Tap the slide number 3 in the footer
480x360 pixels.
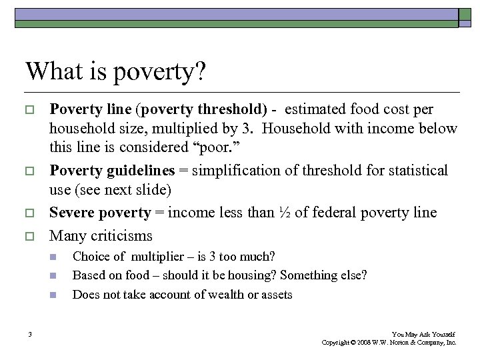[31, 334]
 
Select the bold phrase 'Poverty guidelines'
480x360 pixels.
[118, 171]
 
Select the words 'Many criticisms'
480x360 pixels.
[101, 235]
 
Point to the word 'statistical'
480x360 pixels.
[412, 171]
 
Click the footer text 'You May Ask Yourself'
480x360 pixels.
[423, 334]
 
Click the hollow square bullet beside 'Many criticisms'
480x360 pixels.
[31, 236]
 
